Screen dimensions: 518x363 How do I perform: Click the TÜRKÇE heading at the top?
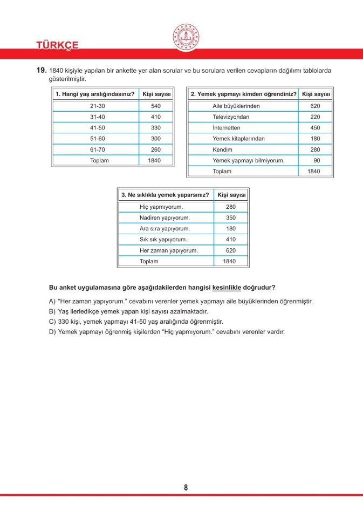pos(57,45)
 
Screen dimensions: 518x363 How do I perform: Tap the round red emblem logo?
pos(186,38)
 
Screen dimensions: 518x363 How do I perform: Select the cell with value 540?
pos(156,106)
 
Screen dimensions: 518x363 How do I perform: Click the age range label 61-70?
pos(98,149)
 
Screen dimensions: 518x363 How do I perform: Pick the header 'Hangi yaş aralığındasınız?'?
pos(94,94)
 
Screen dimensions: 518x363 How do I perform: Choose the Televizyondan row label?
pos(231,117)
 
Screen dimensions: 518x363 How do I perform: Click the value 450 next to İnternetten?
pos(315,128)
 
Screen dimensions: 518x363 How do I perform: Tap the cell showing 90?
pos(317,160)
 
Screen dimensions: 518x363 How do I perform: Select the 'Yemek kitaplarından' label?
pos(238,139)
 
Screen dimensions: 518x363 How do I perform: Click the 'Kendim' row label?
pos(222,149)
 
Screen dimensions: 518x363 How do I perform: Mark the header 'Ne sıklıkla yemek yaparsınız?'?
pos(165,195)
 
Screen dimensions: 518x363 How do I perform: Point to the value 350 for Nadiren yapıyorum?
pos(230,218)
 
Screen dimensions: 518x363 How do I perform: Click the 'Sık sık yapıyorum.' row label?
pos(163,240)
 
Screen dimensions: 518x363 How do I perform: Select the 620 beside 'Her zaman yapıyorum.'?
pos(230,250)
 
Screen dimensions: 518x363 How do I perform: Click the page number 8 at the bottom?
pos(186,487)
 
